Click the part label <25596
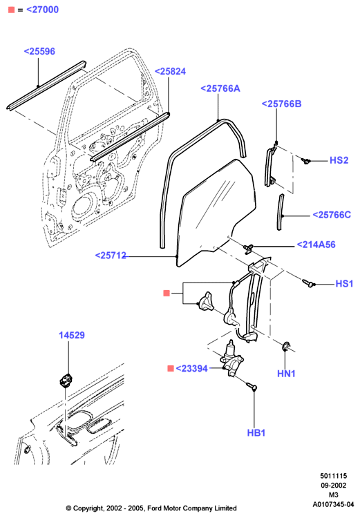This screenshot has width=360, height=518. click(39, 51)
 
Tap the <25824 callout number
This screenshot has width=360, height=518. click(170, 71)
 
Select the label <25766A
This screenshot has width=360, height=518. click(220, 88)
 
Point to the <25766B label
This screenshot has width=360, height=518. click(282, 104)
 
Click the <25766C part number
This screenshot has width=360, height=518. click(332, 215)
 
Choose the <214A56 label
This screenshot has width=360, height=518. click(316, 244)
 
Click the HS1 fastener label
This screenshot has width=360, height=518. click(345, 283)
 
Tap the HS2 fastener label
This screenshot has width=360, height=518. click(339, 160)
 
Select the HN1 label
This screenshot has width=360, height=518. click(286, 373)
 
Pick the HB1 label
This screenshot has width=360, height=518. click(256, 433)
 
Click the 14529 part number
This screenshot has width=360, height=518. click(72, 335)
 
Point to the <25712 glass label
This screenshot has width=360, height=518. click(111, 256)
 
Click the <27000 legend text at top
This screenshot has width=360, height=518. click(42, 10)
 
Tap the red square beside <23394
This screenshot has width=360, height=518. click(171, 368)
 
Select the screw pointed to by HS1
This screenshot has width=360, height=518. click(307, 282)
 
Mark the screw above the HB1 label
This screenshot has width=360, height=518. click(252, 386)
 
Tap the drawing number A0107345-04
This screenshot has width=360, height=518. click(333, 504)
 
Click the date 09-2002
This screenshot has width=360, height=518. click(334, 486)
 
